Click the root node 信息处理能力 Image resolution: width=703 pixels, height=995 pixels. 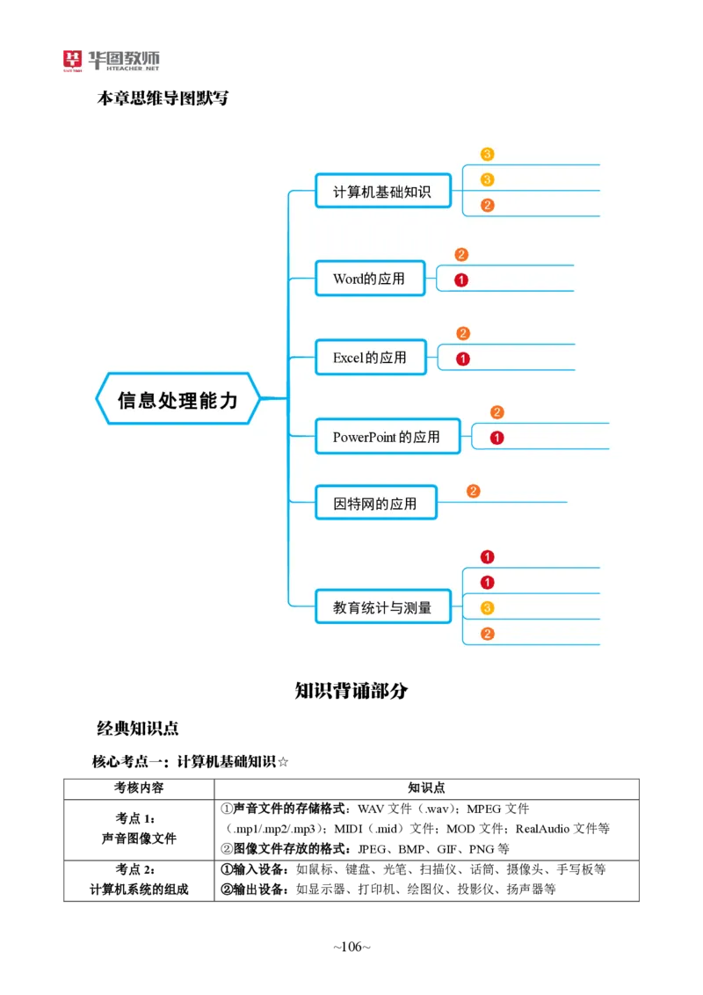click(x=178, y=399)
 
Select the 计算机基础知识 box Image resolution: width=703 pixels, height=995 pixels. click(x=382, y=191)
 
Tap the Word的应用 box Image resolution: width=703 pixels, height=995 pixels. click(x=369, y=279)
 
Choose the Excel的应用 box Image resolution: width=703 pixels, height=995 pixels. click(x=370, y=357)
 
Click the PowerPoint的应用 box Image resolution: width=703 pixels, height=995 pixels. click(x=387, y=436)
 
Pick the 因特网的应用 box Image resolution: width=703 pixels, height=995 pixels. click(x=375, y=503)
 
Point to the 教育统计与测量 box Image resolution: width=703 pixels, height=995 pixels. click(x=382, y=607)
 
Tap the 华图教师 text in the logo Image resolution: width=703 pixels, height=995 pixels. click(x=124, y=58)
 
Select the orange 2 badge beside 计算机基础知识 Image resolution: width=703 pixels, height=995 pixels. click(x=488, y=206)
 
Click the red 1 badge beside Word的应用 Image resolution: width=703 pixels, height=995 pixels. click(x=461, y=280)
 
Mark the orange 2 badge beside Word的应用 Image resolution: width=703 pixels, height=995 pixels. click(x=461, y=255)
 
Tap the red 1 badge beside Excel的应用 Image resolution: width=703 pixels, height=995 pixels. click(x=463, y=359)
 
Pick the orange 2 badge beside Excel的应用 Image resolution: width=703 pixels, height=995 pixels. click(x=463, y=333)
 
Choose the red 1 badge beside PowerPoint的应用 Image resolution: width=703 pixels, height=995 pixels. click(x=496, y=438)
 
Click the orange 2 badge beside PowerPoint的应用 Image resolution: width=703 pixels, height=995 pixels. click(x=496, y=412)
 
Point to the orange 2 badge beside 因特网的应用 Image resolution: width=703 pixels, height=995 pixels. click(x=473, y=491)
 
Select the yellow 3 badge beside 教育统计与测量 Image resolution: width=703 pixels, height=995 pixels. click(x=488, y=607)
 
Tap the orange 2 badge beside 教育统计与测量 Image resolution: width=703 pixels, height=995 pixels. click(x=488, y=634)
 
